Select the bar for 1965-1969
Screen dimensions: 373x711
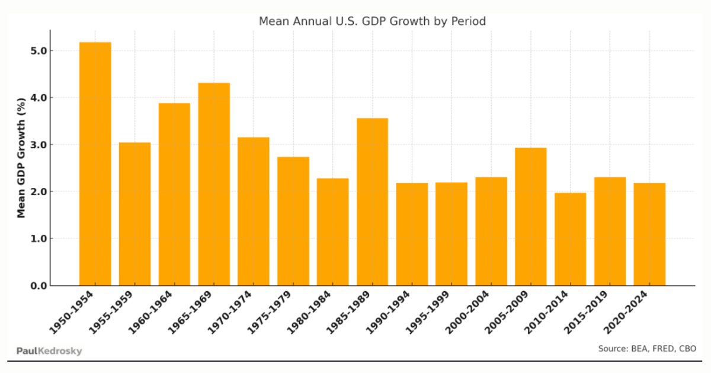pos(214,184)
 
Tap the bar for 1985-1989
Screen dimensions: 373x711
pos(372,202)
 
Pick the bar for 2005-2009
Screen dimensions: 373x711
pos(530,216)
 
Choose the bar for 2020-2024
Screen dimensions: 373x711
pos(649,234)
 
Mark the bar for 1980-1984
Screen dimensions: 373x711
pos(332,232)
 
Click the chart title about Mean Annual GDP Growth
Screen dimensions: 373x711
pos(372,21)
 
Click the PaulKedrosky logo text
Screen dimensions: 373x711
pos(49,351)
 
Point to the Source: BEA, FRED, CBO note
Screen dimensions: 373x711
pos(647,349)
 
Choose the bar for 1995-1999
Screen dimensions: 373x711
pos(451,234)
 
